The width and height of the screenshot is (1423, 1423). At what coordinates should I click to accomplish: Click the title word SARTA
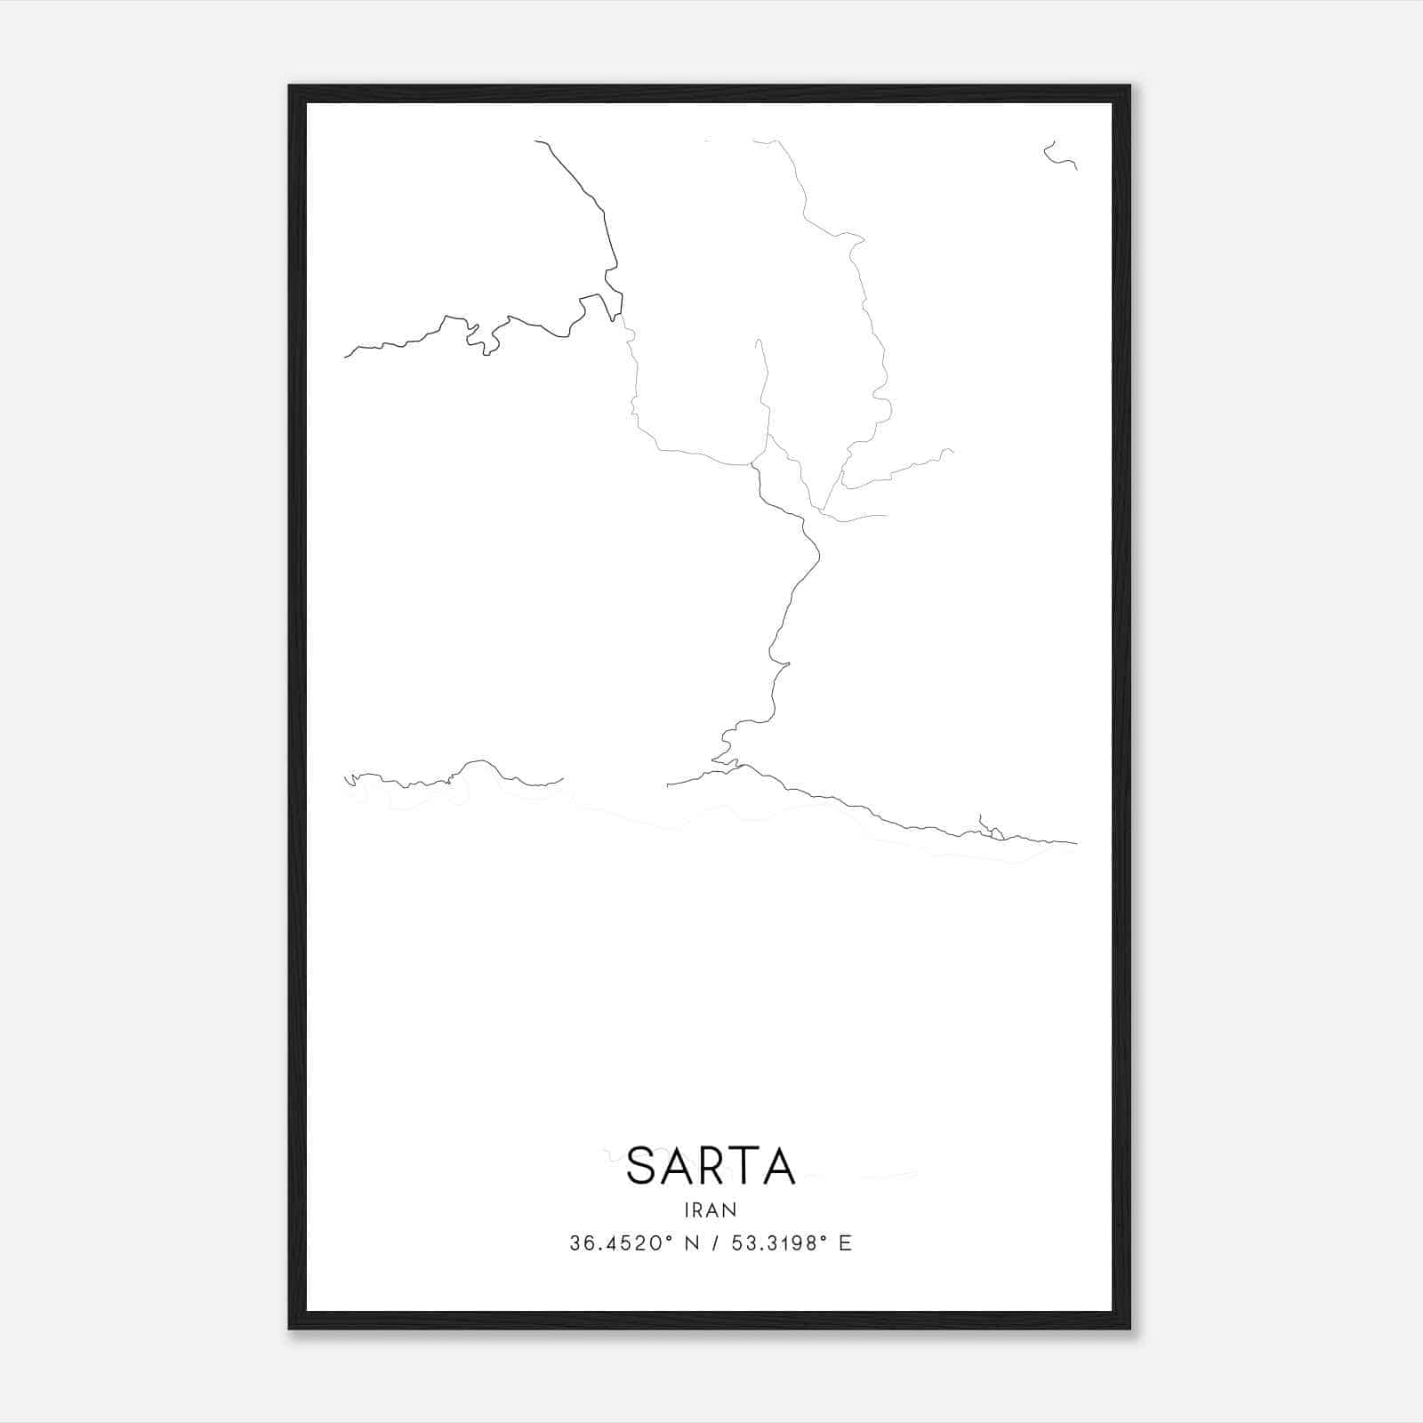(711, 1166)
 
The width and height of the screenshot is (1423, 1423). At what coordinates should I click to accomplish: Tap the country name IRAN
(711, 1210)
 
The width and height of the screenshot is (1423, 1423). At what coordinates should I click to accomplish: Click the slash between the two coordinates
(713, 1243)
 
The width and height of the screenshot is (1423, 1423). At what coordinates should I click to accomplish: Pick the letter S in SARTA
(643, 1166)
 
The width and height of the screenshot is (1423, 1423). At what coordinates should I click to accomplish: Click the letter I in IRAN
(687, 1210)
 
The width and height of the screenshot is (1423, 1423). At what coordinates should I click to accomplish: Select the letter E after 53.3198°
(845, 1243)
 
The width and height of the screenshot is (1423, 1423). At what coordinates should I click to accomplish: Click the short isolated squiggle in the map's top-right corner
(1058, 157)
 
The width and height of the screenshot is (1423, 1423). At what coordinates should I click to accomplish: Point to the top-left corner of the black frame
(291, 87)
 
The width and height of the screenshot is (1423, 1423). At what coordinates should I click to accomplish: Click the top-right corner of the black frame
(1129, 87)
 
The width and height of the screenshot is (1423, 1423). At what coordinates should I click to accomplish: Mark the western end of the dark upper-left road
(345, 357)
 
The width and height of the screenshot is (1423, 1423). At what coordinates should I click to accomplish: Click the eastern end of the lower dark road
(1076, 843)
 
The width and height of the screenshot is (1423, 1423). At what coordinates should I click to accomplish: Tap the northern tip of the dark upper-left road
(535, 141)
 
